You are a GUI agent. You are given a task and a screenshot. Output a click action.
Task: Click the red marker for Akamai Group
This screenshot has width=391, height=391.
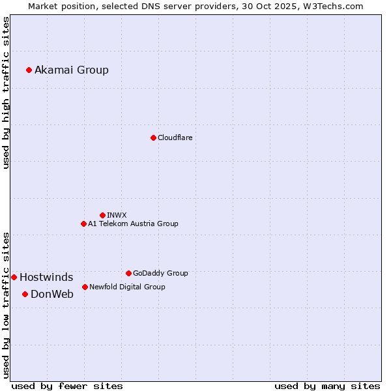(x=29, y=70)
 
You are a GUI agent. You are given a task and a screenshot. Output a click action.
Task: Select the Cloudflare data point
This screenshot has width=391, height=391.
(x=153, y=138)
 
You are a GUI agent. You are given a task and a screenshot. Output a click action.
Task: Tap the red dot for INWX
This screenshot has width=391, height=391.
(x=102, y=215)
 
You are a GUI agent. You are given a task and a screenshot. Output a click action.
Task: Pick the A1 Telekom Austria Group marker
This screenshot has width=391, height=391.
(x=83, y=224)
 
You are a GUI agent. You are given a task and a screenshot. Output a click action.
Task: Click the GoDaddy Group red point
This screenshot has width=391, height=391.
(x=128, y=273)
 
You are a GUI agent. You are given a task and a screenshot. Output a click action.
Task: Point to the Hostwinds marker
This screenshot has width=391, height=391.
(x=14, y=277)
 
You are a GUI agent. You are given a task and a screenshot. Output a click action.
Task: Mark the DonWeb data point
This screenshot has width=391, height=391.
(x=25, y=294)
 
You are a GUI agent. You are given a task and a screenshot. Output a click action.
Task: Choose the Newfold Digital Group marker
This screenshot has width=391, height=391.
(x=85, y=287)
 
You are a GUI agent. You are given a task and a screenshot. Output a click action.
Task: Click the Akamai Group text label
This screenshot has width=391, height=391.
(x=72, y=70)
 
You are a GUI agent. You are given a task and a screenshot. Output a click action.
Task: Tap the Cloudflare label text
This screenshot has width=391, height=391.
(x=175, y=138)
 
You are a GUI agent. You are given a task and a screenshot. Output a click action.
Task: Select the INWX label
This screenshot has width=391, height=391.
(x=117, y=215)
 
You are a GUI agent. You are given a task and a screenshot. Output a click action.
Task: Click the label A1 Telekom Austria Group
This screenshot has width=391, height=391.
(x=133, y=224)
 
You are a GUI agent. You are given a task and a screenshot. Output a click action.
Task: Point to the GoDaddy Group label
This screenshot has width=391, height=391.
(x=160, y=273)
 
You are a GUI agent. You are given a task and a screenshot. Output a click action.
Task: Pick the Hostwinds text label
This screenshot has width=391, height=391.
(x=46, y=277)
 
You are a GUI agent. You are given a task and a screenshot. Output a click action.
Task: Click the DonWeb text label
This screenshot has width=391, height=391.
(x=52, y=294)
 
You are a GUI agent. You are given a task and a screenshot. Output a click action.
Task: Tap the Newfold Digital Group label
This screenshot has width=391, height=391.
(x=127, y=287)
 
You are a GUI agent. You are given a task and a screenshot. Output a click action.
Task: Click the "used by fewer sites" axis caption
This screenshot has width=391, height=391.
(x=67, y=386)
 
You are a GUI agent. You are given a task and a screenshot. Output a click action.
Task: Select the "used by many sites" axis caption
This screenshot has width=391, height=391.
(x=327, y=386)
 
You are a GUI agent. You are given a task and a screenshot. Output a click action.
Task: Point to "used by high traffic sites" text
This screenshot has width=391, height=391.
(x=7, y=93)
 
